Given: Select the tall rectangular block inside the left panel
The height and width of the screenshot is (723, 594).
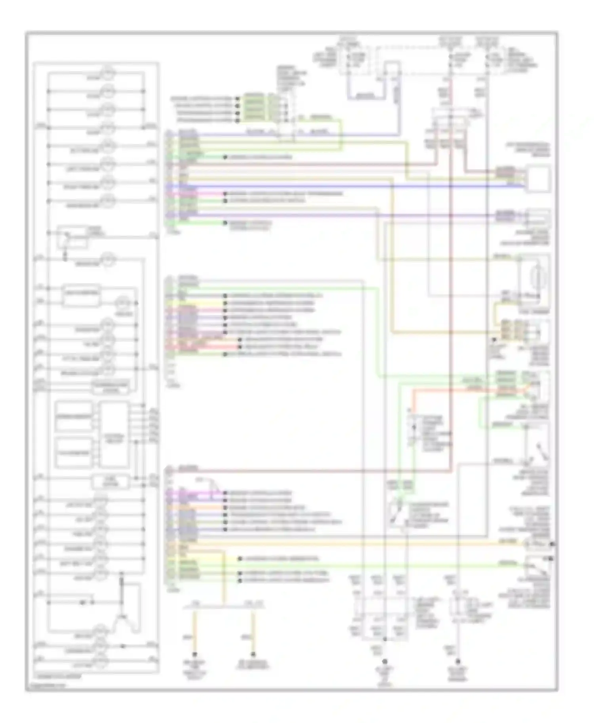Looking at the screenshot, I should point(114,434).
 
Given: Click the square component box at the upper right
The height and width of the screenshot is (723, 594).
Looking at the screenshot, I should point(538,179).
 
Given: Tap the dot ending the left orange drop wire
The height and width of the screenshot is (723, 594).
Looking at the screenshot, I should point(194,655).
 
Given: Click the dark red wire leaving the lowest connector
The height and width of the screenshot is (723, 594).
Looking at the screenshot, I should point(317,471).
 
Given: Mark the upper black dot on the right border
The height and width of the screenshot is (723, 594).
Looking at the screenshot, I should point(552,544).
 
